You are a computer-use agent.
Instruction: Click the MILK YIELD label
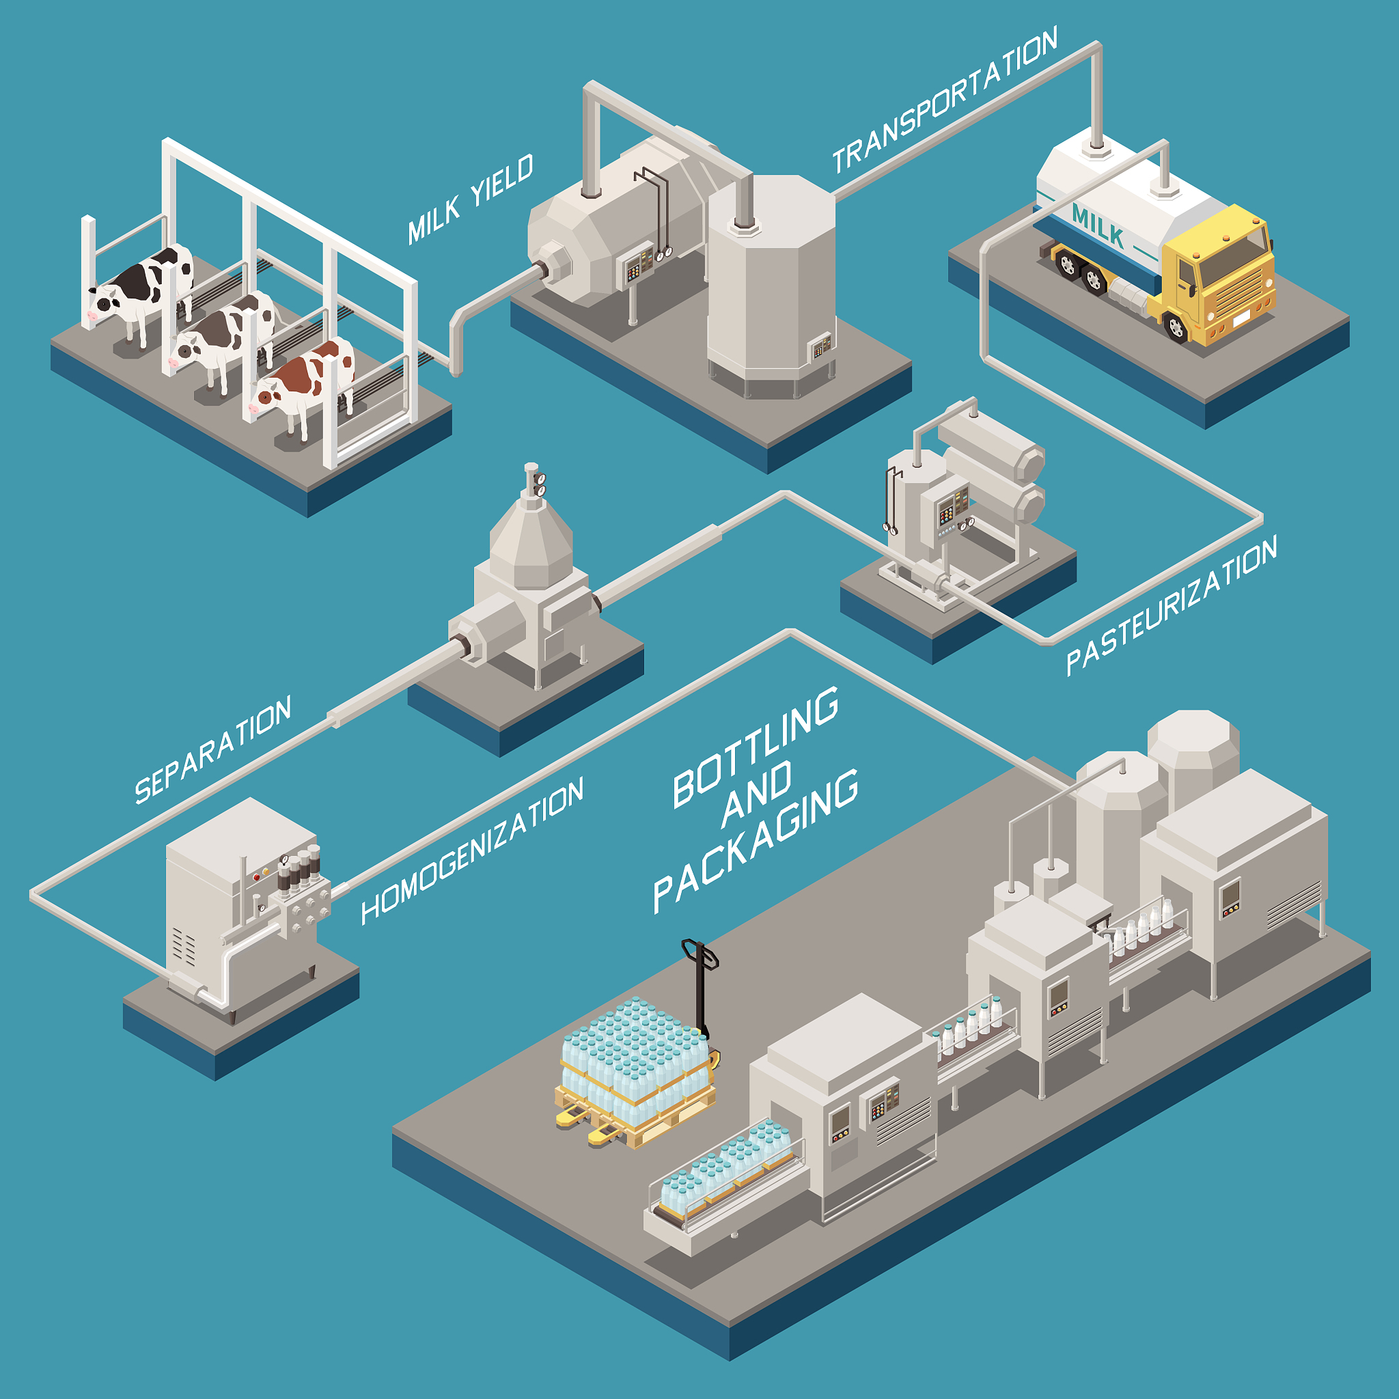[x=470, y=199]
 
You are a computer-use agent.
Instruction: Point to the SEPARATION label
[x=213, y=750]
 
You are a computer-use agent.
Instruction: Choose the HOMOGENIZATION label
[x=472, y=852]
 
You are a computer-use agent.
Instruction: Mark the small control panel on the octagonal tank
[x=820, y=346]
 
